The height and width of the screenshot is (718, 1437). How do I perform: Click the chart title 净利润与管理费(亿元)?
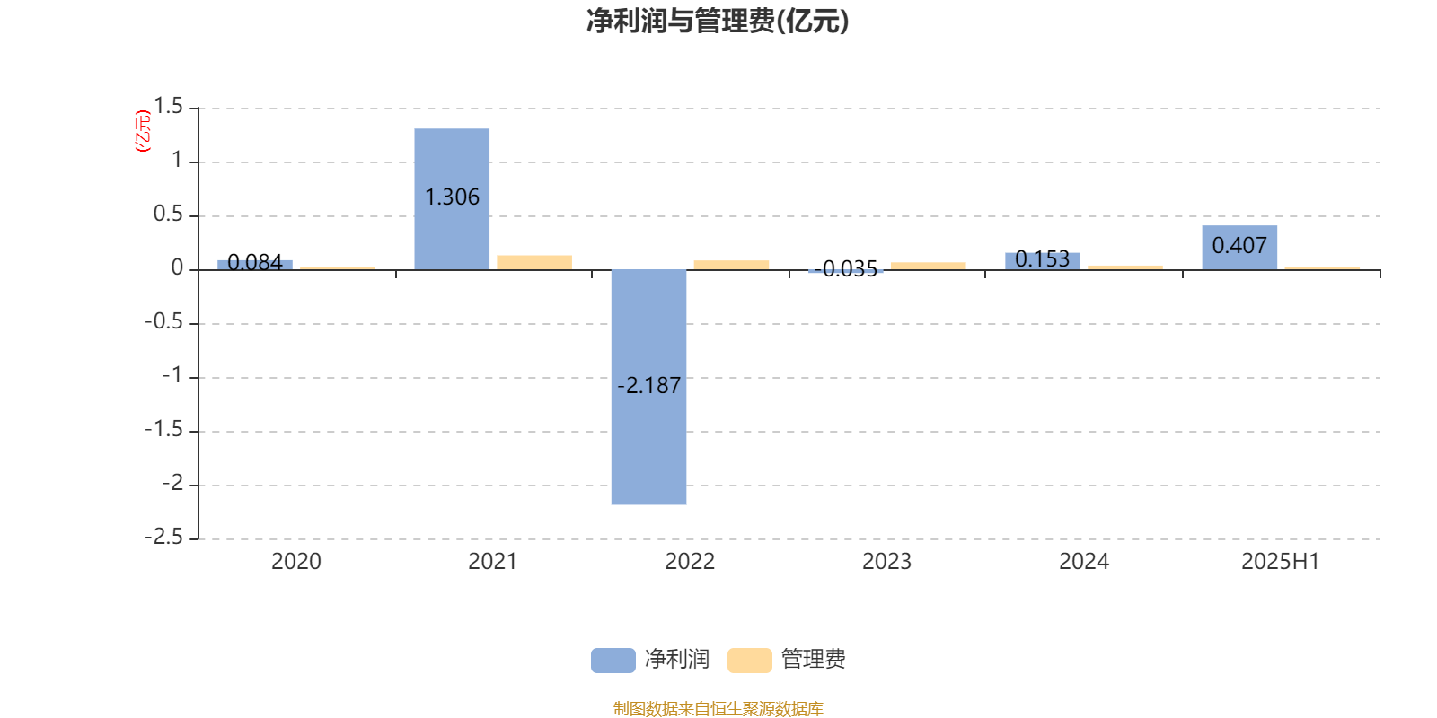(x=718, y=22)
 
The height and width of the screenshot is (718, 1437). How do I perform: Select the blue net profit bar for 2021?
(x=452, y=198)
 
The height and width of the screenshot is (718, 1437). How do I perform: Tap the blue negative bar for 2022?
(x=648, y=387)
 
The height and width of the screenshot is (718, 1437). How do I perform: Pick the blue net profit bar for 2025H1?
(x=1239, y=248)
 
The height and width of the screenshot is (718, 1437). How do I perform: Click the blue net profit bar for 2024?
(x=1043, y=261)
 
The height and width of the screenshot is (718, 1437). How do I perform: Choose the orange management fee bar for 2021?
(x=534, y=263)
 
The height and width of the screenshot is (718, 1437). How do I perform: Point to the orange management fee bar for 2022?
(x=731, y=266)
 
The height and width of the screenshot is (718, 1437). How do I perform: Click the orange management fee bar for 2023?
(x=929, y=266)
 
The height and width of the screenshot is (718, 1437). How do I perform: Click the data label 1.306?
(x=452, y=197)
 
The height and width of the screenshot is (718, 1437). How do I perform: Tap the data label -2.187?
(x=648, y=386)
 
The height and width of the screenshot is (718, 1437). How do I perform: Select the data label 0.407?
(x=1239, y=246)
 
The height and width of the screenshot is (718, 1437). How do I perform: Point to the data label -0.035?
(x=845, y=269)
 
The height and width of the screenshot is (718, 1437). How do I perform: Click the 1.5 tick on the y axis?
(x=169, y=107)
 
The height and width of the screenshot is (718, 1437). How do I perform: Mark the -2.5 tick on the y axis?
(x=164, y=538)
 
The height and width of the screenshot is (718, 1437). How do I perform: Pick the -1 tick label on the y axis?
(x=172, y=376)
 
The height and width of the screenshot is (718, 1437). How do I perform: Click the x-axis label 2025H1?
(x=1281, y=562)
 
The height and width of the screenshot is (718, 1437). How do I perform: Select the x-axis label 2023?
(x=886, y=562)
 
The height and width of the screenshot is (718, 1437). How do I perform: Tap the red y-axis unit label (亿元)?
(x=143, y=131)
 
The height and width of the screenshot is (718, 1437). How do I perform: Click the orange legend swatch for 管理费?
(x=749, y=661)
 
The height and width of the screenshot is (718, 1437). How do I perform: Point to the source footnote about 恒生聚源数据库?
(x=718, y=708)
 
